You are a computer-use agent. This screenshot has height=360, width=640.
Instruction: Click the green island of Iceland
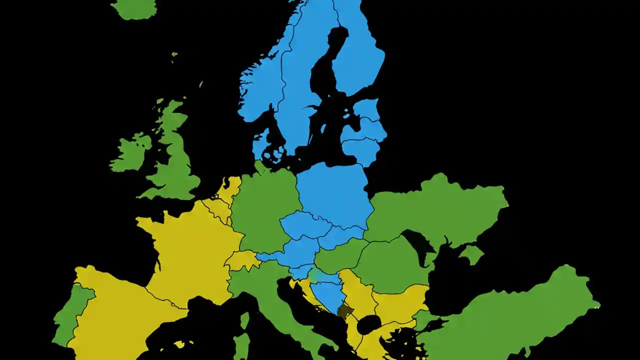click(x=133, y=8)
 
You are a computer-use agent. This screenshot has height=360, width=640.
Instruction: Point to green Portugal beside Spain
click(x=72, y=315)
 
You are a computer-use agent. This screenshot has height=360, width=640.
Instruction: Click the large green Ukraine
click(x=440, y=210)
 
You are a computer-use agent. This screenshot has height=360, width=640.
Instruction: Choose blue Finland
click(x=357, y=55)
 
